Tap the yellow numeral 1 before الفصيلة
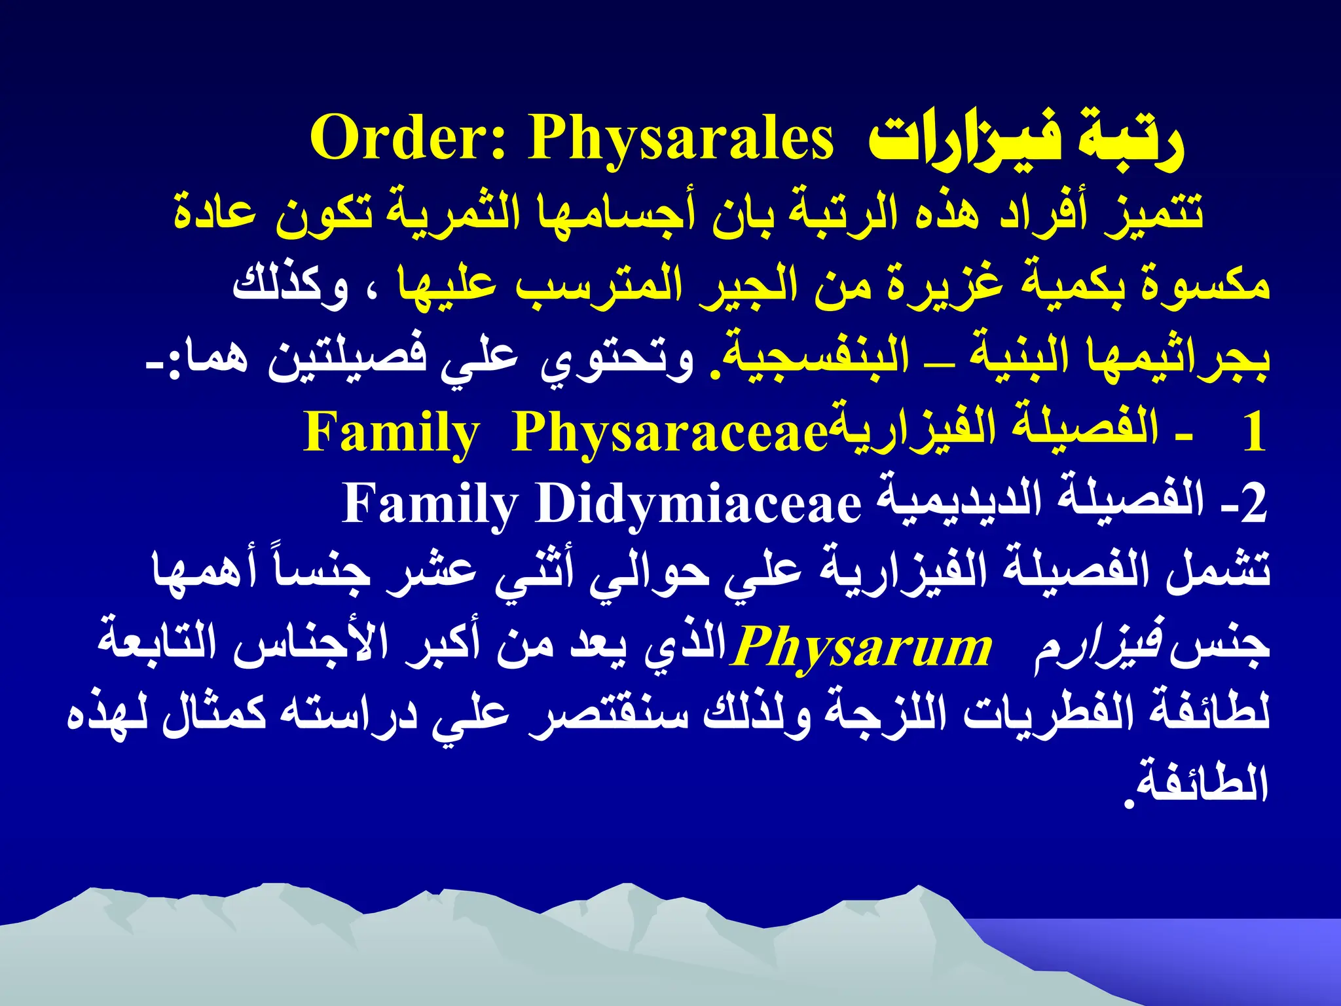pos(1253,433)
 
